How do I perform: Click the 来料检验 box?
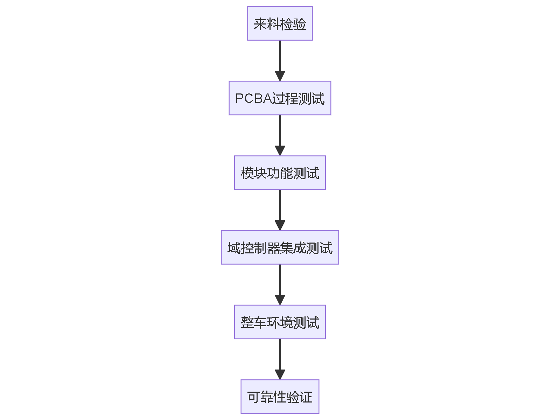pos(280,23)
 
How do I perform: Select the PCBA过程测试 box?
pos(280,98)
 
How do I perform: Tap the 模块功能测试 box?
pos(280,173)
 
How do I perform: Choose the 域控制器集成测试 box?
pos(280,247)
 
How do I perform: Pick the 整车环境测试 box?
pos(280,322)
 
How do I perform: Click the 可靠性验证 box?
pos(280,397)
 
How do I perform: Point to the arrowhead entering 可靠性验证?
pos(280,374)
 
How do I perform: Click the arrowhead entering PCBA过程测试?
pos(280,76)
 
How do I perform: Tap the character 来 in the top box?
pos(260,24)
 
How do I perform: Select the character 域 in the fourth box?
pos(234,248)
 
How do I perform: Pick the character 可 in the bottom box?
pos(254,397)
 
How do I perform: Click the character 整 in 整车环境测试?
pos(247,322)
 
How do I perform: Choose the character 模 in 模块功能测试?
pos(247,173)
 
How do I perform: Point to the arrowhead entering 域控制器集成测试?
pos(280,225)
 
